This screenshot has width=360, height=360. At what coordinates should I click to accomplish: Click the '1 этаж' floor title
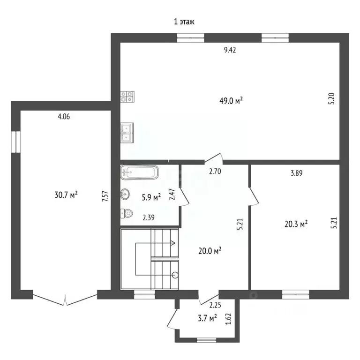tap(184, 22)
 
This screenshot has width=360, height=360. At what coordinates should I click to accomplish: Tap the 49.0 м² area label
tap(231, 101)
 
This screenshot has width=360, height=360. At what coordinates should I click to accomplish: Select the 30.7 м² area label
tap(66, 195)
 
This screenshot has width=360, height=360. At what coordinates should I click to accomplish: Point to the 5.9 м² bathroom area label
tap(151, 197)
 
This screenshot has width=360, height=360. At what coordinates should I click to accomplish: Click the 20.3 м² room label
tap(296, 224)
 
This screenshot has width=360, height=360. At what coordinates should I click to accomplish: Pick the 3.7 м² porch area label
tap(207, 318)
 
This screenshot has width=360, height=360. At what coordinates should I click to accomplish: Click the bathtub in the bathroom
tap(139, 172)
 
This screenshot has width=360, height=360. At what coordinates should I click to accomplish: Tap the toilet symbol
tap(127, 214)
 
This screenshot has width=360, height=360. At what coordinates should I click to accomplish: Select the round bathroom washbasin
tap(125, 194)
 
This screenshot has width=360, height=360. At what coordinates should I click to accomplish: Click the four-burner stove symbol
tap(127, 97)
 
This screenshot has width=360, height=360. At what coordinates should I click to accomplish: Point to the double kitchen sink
tap(127, 133)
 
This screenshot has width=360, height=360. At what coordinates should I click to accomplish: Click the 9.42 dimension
tap(230, 50)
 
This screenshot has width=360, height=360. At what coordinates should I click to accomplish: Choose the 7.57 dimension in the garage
tap(105, 196)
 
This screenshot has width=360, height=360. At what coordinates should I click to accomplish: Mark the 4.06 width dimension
tap(64, 117)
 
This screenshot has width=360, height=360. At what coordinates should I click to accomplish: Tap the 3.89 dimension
tap(297, 173)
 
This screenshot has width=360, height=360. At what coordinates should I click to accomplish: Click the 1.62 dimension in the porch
tap(228, 319)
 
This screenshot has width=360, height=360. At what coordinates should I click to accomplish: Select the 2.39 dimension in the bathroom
tap(149, 217)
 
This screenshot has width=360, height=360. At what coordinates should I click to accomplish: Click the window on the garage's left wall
tap(16, 142)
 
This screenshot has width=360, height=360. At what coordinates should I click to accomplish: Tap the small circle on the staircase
tap(175, 274)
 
